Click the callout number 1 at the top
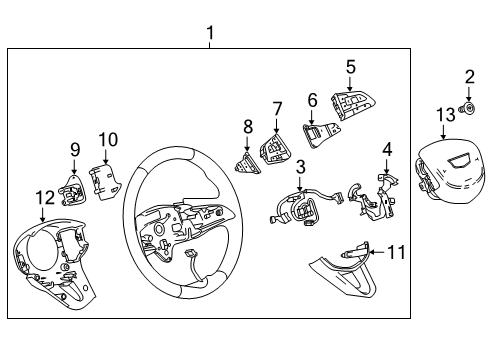pos(210,36)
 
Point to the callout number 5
pos(350,68)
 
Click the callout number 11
pos(397,252)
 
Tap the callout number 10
pos(108,139)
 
